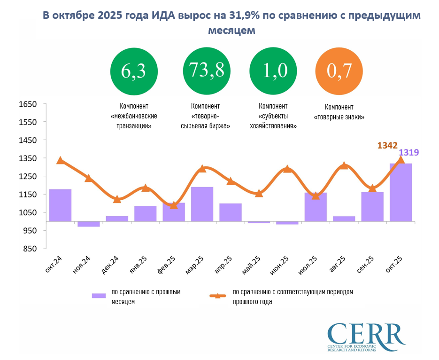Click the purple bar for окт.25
(x=400, y=192)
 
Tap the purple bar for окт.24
(x=60, y=205)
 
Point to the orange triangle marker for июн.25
(x=287, y=169)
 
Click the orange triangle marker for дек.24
(x=117, y=199)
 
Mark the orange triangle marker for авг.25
(x=344, y=165)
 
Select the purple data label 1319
(x=409, y=152)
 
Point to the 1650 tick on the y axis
(x=28, y=104)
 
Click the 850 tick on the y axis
(x=30, y=249)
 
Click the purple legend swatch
(x=99, y=296)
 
